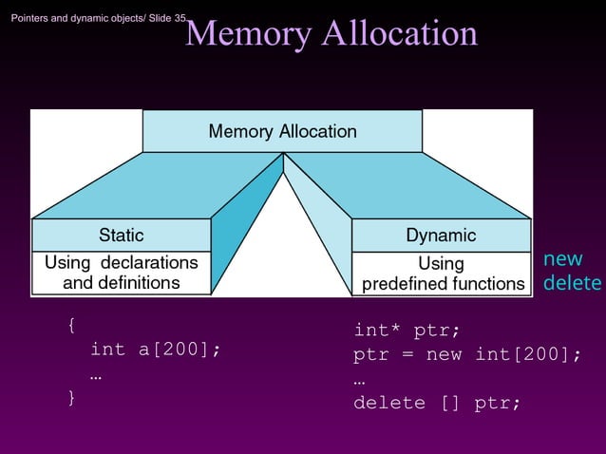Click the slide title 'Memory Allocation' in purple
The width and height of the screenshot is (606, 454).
coord(331,33)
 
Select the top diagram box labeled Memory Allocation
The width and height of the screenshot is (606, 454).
coord(282,131)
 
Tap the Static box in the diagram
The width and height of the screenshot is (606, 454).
coord(122,235)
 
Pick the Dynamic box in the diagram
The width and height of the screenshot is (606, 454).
coord(441,235)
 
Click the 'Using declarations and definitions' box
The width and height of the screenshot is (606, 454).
coord(122,273)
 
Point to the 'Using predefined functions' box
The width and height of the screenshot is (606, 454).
coord(441,274)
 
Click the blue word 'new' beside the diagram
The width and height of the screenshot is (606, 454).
coord(562,259)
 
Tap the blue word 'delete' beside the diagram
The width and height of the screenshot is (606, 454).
coord(572,283)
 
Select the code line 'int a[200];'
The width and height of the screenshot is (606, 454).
coord(156,350)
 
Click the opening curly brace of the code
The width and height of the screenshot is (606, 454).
coord(71,326)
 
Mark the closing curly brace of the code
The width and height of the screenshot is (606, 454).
coord(71,397)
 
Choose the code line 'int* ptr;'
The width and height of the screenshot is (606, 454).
coord(407,331)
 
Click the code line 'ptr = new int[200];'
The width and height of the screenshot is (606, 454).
coord(466,355)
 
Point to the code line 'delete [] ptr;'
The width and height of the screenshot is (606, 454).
coord(437,403)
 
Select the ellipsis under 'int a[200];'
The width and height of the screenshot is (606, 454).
coord(96,375)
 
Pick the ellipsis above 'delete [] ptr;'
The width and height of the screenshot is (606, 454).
coord(359,380)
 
